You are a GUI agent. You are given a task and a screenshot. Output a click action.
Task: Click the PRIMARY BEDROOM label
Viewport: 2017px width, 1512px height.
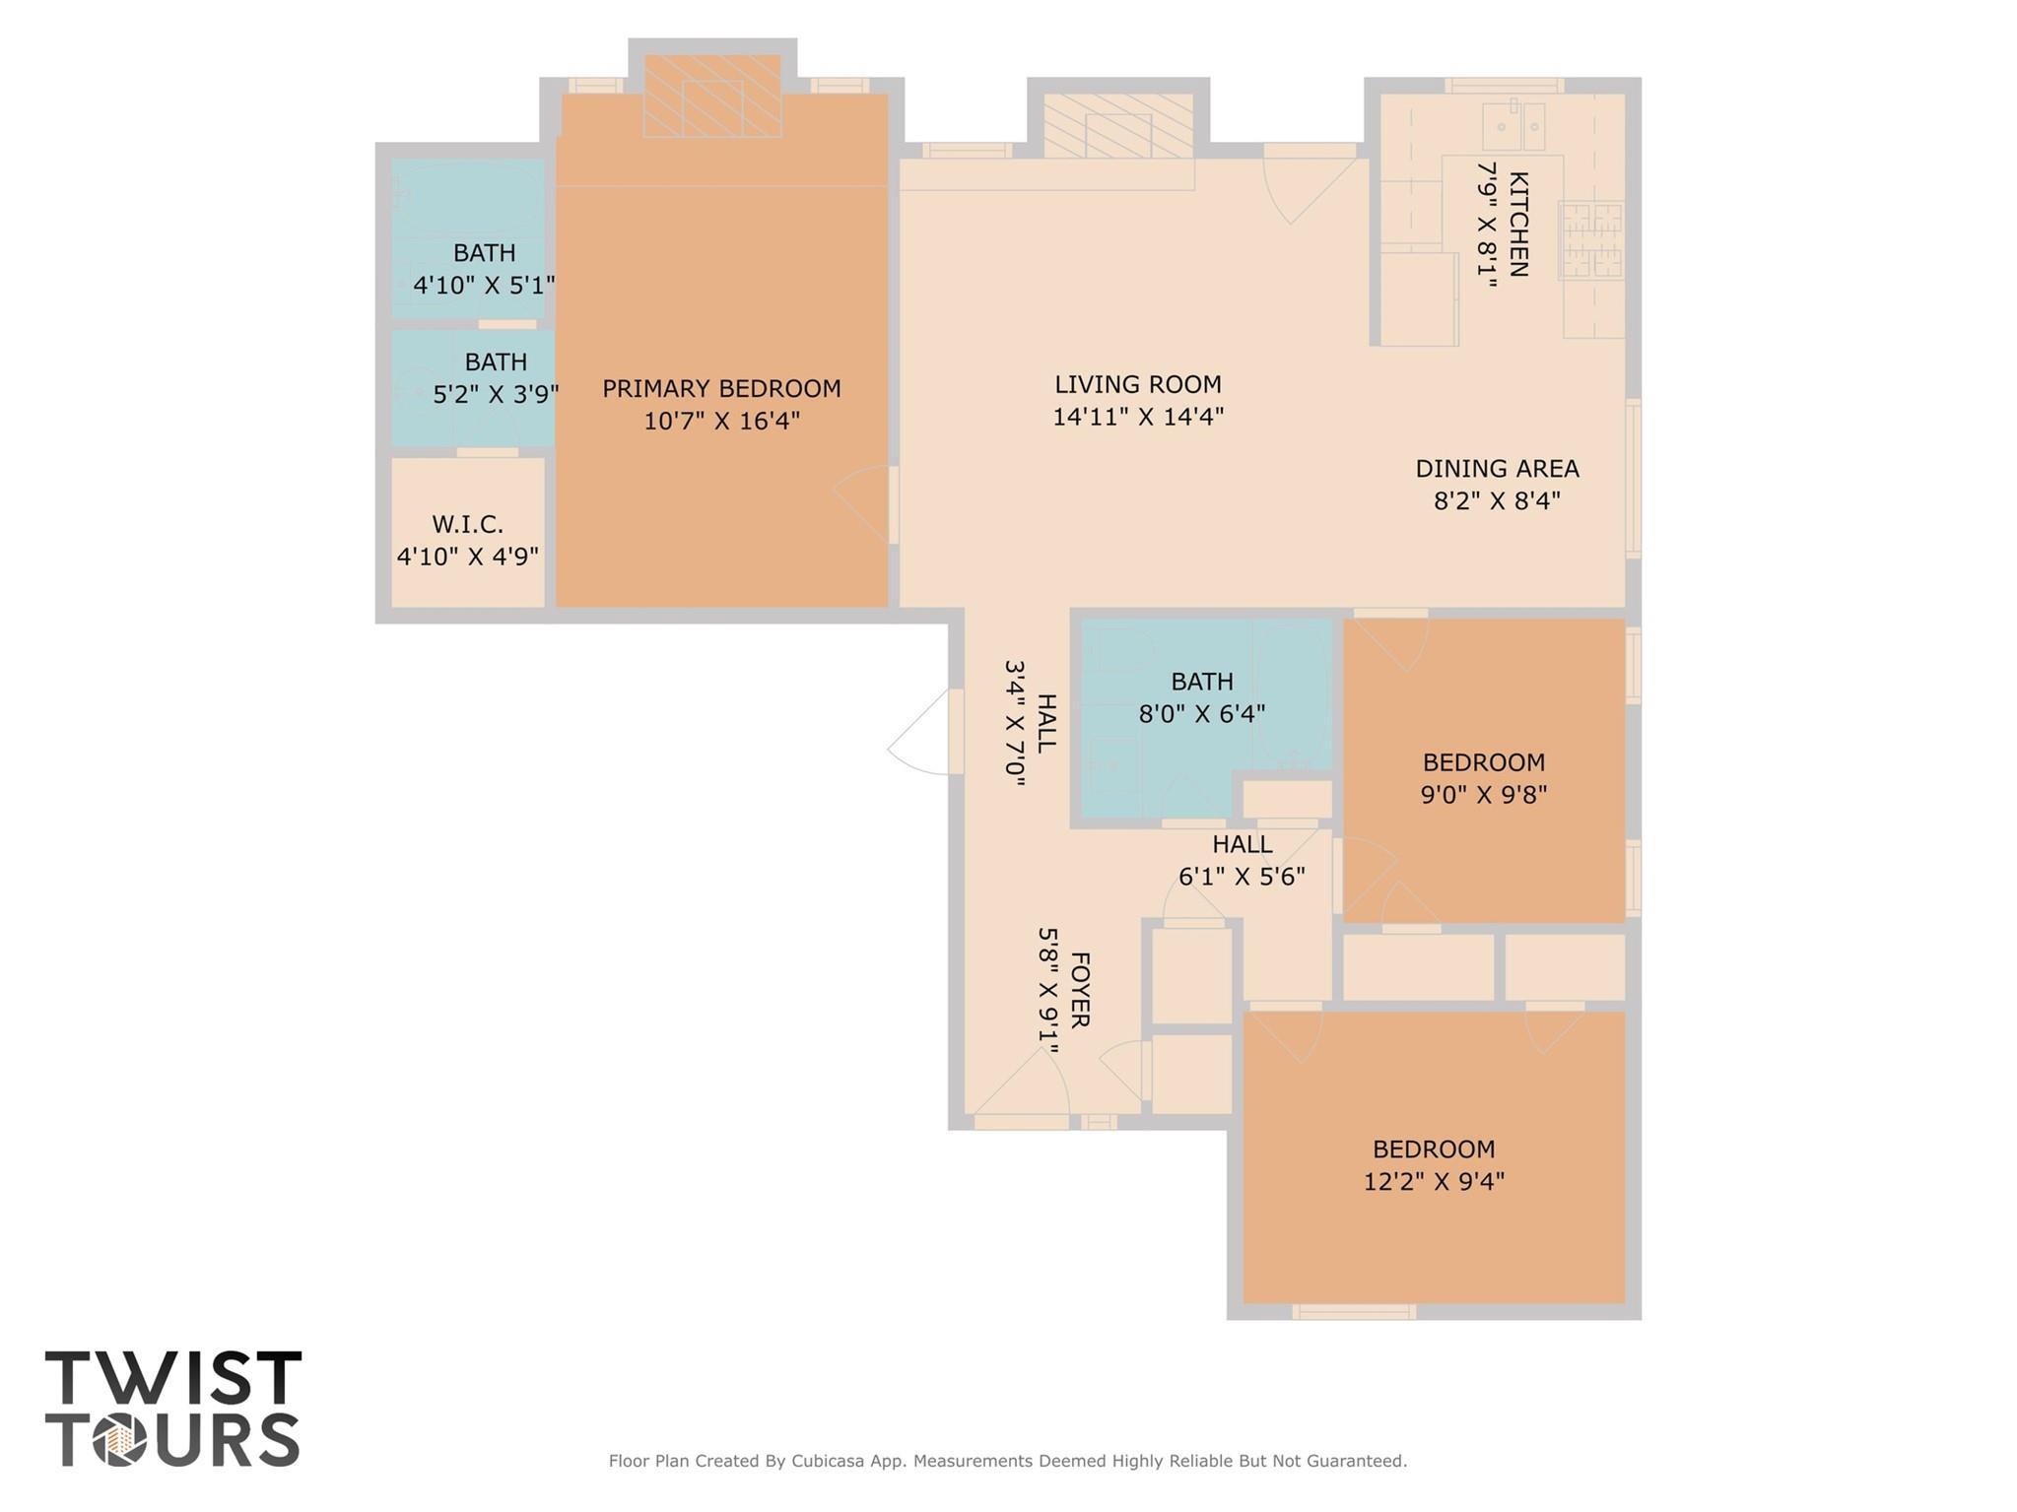pos(721,389)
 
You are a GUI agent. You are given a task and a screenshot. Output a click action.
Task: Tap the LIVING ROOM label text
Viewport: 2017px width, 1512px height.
pos(1137,385)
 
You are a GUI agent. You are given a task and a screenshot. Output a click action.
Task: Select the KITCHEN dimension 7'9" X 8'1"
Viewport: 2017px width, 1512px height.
pos(1486,225)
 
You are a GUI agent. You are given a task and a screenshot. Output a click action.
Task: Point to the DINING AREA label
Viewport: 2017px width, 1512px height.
pos(1497,469)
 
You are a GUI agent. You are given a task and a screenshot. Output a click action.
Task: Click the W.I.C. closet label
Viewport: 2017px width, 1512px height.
pos(467,525)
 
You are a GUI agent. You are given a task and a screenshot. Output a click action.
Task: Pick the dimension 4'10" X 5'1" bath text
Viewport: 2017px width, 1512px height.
pos(484,286)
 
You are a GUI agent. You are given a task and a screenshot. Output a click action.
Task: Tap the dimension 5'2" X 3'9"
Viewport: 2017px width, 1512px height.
pos(496,395)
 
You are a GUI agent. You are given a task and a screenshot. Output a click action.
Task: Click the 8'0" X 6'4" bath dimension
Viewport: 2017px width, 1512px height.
pos(1201,713)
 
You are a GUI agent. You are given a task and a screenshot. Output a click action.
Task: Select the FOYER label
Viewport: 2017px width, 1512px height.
pos(1079,989)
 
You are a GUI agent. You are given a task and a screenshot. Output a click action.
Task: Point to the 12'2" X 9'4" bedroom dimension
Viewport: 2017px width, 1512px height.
pos(1434,1181)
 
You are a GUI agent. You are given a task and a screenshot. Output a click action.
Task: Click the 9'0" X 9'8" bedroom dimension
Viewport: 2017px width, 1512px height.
pos(1483,794)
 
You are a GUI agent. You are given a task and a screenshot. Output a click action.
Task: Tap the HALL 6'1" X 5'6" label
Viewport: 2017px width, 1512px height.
pos(1242,860)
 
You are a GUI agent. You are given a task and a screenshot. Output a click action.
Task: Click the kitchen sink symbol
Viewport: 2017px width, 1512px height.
pos(1514,126)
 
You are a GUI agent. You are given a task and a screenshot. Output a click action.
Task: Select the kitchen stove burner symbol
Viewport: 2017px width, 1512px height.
pos(1589,239)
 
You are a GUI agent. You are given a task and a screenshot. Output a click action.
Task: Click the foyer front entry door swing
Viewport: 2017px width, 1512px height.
pos(1022,1084)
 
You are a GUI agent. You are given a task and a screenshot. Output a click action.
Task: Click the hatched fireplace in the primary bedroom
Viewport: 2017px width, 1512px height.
pos(712,97)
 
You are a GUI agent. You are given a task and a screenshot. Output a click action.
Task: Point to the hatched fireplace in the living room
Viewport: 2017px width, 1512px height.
pos(1118,126)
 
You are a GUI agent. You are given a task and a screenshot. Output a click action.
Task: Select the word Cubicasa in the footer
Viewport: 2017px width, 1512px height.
pos(832,1461)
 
